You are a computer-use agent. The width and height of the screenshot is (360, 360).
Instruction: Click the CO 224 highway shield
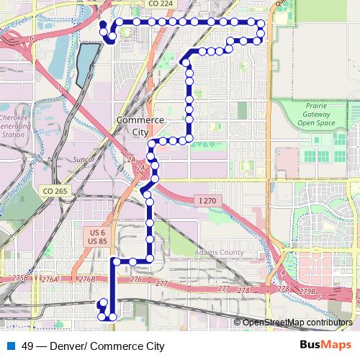pos(161,4)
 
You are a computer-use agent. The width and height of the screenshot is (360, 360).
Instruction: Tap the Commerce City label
pos(140,126)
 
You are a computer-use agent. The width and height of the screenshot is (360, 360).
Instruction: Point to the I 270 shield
pos(207,200)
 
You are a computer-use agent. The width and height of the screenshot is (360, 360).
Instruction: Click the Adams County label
pos(220,253)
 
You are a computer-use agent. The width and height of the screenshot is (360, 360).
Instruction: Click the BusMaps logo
pos(330,345)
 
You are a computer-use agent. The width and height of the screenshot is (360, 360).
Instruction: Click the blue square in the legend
pos(11,346)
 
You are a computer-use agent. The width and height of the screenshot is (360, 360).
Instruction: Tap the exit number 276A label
pos(49,279)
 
